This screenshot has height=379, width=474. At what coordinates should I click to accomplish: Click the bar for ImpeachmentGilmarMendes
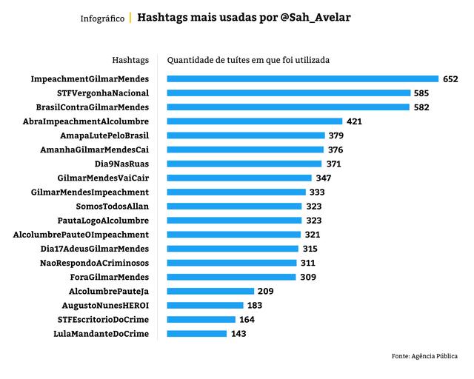click(302, 78)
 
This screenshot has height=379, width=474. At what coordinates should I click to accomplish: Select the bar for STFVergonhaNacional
click(289, 93)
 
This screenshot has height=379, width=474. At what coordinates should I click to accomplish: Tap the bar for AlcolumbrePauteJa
click(210, 291)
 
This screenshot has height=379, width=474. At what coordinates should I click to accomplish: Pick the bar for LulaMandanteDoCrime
click(196, 334)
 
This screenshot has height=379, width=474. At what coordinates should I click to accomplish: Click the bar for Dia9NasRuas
click(244, 164)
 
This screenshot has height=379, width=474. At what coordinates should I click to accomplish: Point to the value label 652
click(450, 78)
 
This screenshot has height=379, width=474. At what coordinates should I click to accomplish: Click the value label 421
click(353, 121)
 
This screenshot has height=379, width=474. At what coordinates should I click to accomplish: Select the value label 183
click(255, 306)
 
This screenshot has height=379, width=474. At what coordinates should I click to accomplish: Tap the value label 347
click(323, 178)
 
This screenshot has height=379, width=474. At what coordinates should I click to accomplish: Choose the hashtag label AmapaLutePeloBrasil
click(104, 135)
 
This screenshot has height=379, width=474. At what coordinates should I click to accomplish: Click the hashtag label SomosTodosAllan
click(113, 207)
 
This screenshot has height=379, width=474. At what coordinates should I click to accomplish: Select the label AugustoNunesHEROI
click(106, 306)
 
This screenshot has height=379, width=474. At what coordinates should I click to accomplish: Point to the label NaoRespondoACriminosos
click(94, 263)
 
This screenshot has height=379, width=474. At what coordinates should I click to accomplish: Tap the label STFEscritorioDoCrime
click(103, 320)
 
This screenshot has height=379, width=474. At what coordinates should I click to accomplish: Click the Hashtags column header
click(130, 59)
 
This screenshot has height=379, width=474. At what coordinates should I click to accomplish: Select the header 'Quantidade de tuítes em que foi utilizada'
click(249, 59)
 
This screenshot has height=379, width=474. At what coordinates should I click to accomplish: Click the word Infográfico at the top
click(102, 18)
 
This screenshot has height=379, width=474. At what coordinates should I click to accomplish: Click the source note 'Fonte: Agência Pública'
click(424, 357)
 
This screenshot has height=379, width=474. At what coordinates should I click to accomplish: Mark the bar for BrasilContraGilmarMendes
click(288, 107)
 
